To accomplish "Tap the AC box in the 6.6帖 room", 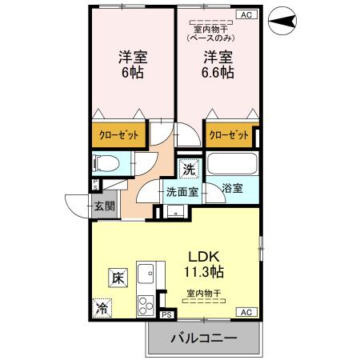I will pyautogui.click(x=246, y=14).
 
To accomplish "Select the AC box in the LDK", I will pyautogui.click(x=246, y=311).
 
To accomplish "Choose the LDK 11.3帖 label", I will pyautogui.click(x=206, y=263).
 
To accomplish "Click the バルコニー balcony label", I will pyautogui.click(x=203, y=339).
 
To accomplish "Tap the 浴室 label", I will pyautogui.click(x=233, y=188).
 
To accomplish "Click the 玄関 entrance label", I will pyautogui.click(x=106, y=206).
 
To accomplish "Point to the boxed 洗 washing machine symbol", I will pyautogui.click(x=188, y=169).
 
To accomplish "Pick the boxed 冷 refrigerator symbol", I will pyautogui.click(x=102, y=306).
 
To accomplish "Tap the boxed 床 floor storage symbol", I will pyautogui.click(x=117, y=278).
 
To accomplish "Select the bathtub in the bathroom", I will pyautogui.click(x=231, y=164).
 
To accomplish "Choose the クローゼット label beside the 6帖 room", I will pyautogui.click(x=118, y=135).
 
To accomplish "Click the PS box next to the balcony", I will pyautogui.click(x=166, y=315).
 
